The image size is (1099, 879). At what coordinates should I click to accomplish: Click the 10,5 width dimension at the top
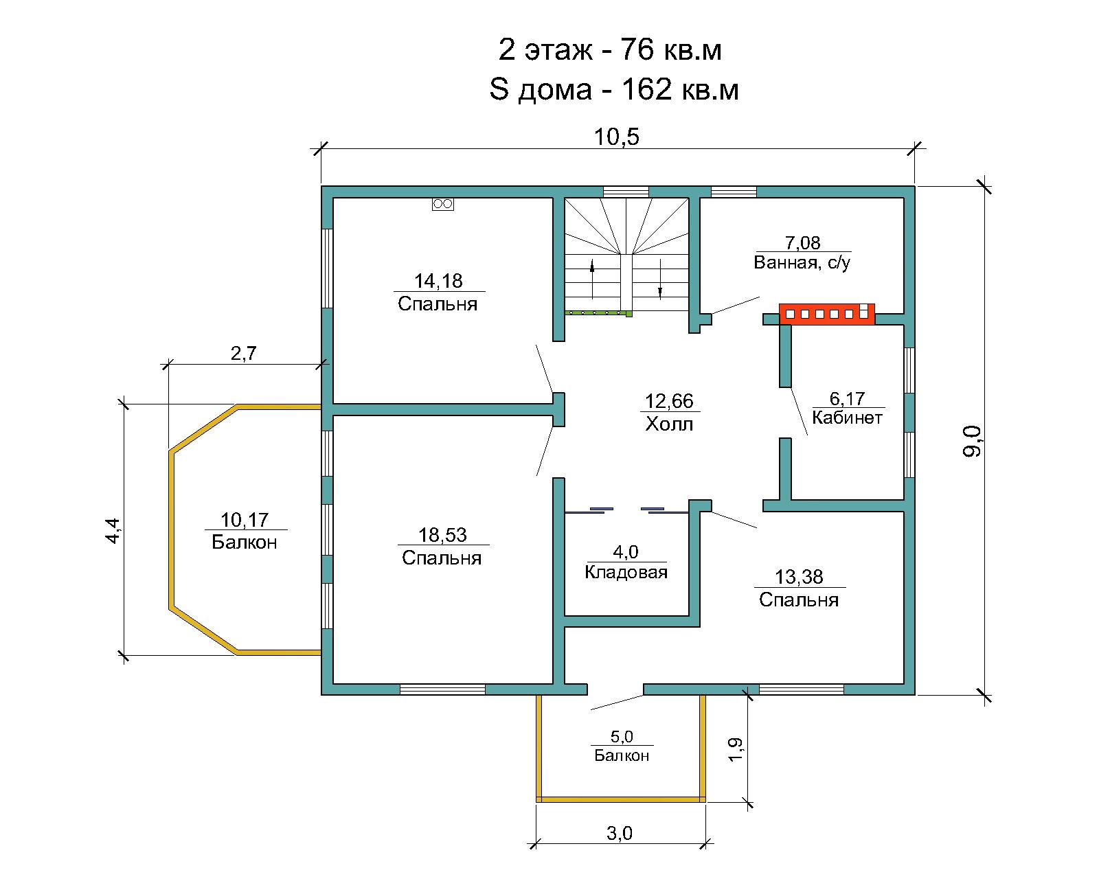[x=616, y=137]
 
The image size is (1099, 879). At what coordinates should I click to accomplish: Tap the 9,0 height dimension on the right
[x=971, y=442]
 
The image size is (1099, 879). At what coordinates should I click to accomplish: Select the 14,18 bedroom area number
[x=438, y=280]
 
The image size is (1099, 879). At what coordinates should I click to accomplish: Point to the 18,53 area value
[x=442, y=535]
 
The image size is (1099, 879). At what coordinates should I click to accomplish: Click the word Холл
[x=669, y=424]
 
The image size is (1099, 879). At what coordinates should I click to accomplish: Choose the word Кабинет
[x=847, y=418]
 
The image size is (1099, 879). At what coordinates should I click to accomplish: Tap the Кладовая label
[x=626, y=572]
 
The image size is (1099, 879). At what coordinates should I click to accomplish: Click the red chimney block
[x=827, y=314]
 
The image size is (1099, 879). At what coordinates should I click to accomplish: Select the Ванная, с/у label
[x=802, y=262]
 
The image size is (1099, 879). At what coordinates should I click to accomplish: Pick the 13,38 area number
[x=799, y=577]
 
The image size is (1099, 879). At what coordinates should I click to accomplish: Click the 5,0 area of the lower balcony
[x=622, y=736]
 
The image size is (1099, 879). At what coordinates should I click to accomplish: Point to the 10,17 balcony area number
[x=244, y=520]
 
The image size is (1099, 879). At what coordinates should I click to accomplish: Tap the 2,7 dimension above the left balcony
[x=244, y=353]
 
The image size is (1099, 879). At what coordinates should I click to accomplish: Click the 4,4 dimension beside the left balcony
[x=113, y=531]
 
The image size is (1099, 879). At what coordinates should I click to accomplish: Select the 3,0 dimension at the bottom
[x=620, y=833]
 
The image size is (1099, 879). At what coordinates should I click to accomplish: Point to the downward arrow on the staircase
[x=660, y=279]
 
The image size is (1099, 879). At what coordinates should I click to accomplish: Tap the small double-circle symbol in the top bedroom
[x=443, y=205]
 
